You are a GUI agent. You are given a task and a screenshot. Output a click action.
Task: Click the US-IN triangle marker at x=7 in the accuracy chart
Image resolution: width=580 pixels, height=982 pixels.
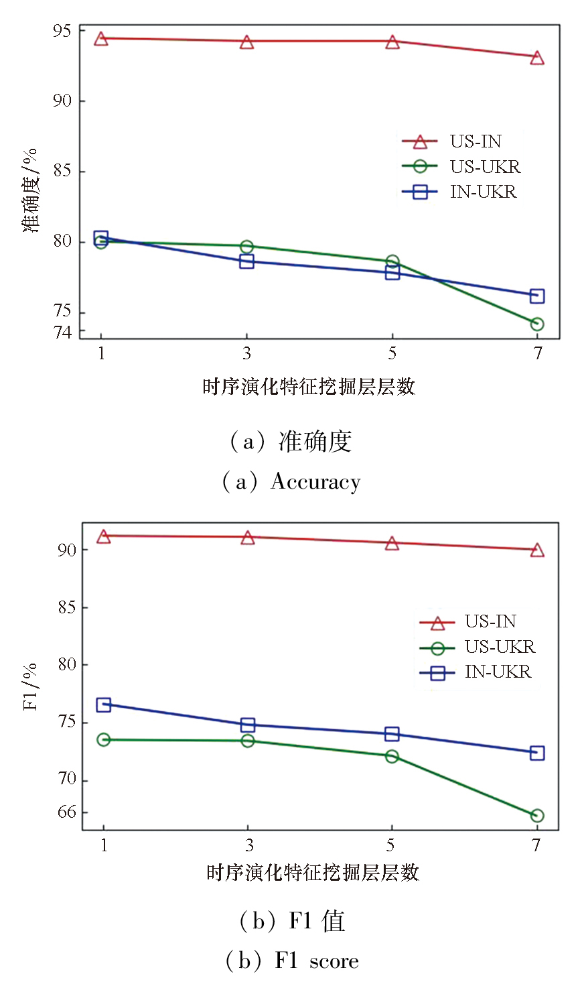point(536,58)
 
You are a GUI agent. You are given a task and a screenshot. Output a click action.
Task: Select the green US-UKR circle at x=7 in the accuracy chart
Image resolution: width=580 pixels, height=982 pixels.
point(536,324)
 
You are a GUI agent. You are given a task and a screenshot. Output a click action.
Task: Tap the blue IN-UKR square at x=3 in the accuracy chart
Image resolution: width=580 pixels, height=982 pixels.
point(246,261)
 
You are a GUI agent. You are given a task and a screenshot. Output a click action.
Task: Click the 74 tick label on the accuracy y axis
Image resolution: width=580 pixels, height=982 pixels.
point(62,332)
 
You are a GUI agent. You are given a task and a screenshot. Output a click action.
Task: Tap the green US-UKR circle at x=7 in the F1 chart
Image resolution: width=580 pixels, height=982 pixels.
point(536,816)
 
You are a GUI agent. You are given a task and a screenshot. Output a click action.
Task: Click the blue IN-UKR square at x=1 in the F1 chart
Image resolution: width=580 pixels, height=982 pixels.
point(103,704)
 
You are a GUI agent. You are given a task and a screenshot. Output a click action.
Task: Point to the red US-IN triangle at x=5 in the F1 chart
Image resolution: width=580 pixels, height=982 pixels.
point(392,543)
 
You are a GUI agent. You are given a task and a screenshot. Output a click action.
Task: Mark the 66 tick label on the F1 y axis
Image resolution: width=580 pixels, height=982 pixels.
point(66,812)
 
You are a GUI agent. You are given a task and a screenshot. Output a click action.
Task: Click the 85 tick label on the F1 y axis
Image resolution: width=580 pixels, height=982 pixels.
point(66,608)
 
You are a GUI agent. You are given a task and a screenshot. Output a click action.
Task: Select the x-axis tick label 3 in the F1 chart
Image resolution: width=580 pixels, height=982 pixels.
point(248,845)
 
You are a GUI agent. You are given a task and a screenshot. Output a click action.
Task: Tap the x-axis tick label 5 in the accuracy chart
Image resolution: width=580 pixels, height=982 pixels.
point(392,353)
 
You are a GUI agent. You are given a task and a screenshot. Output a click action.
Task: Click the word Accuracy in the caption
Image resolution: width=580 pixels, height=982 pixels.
point(315,483)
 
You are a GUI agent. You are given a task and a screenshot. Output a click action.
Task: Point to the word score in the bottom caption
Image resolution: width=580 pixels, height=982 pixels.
point(334,962)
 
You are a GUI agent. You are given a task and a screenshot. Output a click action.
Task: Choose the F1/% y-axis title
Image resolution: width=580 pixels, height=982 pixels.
point(31,686)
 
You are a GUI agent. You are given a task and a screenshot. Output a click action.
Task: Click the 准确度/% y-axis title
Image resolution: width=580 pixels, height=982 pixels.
point(31,190)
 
